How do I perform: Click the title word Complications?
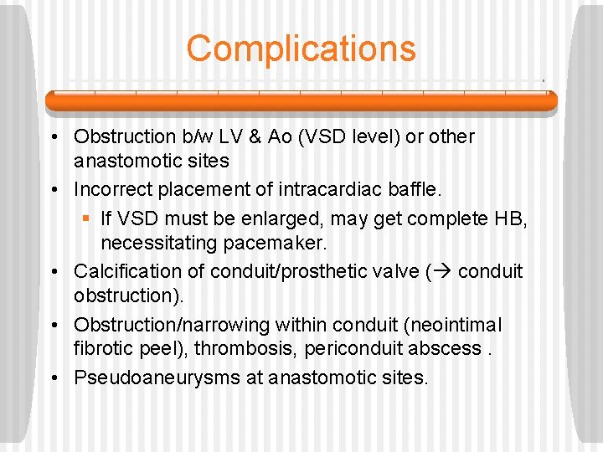[301, 49]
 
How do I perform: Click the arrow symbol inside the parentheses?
[444, 272]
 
